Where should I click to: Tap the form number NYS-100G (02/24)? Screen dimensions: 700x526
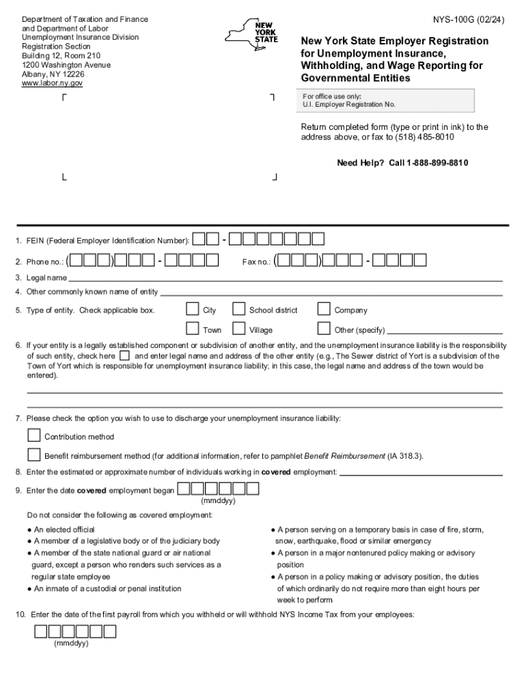(x=471, y=20)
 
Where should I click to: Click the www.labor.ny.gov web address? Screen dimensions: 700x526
(x=53, y=83)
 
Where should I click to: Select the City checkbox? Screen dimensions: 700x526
(x=193, y=309)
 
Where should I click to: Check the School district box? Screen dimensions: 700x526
(x=239, y=309)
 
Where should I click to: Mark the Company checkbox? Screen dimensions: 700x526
(x=324, y=309)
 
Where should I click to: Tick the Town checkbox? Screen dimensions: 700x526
(x=193, y=329)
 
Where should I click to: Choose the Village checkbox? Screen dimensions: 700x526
(x=239, y=329)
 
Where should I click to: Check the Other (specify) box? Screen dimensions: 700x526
(x=324, y=329)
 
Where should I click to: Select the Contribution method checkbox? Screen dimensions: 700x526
(x=34, y=435)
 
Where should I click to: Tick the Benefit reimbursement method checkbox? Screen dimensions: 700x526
(x=34, y=455)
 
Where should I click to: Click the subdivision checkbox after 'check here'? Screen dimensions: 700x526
(x=124, y=356)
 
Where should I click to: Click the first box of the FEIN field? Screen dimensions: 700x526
(x=199, y=239)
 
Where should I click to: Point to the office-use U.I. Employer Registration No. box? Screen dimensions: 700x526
(x=387, y=100)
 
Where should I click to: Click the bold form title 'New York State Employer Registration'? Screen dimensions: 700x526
(x=395, y=41)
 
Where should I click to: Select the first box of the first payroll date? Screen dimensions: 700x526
(x=41, y=631)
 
